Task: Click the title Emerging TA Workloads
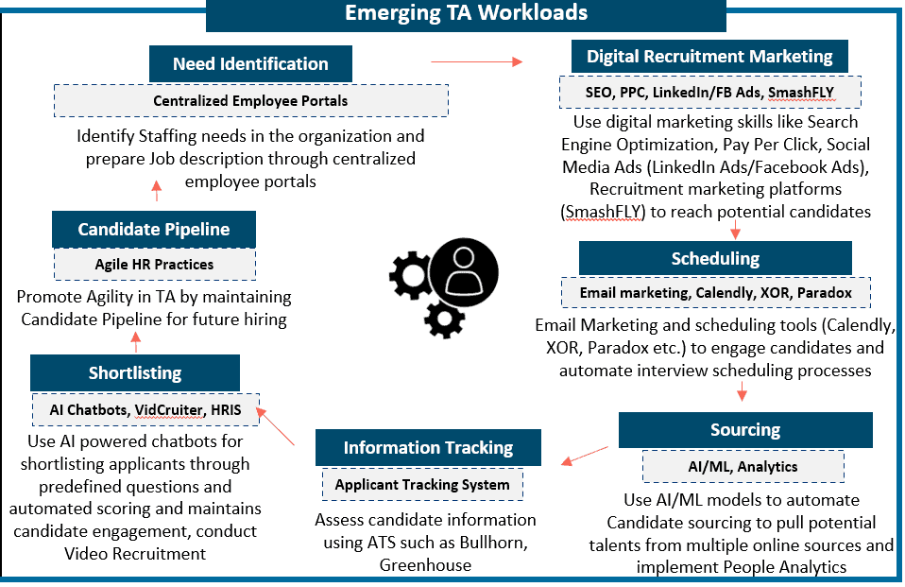(466, 13)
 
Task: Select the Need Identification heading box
(250, 64)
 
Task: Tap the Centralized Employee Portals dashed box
(250, 100)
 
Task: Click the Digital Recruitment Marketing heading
(709, 56)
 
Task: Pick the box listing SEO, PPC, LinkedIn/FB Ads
(709, 93)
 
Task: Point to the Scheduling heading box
(715, 258)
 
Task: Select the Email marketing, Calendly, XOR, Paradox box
(715, 293)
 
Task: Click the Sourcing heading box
(744, 430)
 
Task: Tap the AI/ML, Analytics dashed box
(743, 466)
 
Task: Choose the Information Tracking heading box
(428, 448)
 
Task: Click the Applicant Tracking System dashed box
(422, 485)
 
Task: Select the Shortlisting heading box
(134, 373)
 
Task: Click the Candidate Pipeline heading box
(153, 230)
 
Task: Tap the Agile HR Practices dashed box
(154, 265)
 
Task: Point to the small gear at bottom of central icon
(444, 319)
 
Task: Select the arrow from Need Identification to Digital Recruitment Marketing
(476, 62)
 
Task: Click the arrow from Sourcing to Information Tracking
(585, 456)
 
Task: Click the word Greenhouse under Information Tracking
(425, 565)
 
